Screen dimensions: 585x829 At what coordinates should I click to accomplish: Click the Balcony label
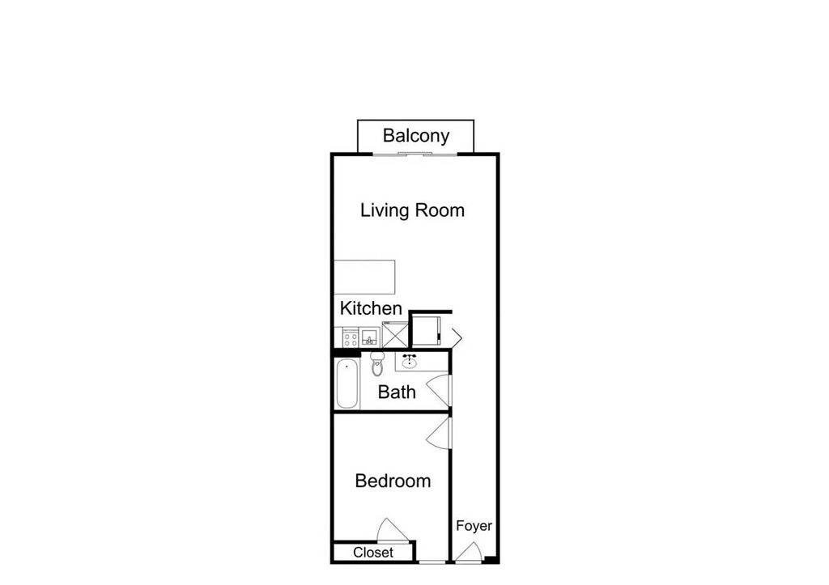(415, 135)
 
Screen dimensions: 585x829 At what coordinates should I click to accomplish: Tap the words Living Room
(412, 210)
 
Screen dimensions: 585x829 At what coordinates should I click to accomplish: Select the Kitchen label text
(371, 308)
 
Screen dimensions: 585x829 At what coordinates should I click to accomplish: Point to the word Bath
(397, 392)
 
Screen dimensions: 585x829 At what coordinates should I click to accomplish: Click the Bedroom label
(393, 481)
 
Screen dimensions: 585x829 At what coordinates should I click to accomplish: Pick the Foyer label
(474, 526)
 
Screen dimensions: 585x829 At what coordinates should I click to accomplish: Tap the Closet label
(373, 552)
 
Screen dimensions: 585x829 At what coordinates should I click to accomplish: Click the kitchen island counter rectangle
(365, 278)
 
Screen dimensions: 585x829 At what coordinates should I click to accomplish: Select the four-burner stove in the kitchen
(351, 337)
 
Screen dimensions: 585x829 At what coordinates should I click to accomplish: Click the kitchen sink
(370, 337)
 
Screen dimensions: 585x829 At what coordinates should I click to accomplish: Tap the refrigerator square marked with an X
(395, 335)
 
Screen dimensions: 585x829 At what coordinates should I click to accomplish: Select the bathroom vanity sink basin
(410, 360)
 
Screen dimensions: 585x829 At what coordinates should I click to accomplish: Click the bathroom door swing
(440, 391)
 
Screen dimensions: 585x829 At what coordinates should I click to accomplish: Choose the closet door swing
(390, 531)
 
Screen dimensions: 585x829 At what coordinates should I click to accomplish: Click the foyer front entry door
(469, 553)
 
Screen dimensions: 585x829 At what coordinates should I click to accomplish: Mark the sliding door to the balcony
(414, 153)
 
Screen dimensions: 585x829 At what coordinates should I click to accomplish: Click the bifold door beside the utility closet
(456, 335)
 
